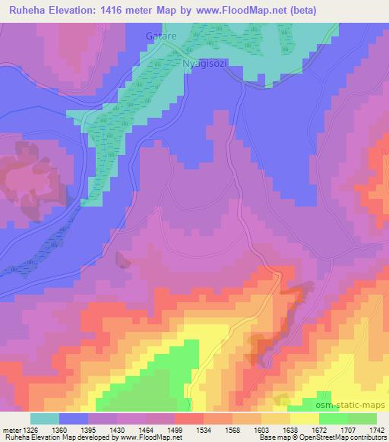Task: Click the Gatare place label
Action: [x=160, y=36]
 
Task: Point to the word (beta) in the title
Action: [x=300, y=11]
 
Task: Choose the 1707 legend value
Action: [x=348, y=429]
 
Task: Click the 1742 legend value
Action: [x=375, y=429]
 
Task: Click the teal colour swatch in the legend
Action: [x=45, y=418]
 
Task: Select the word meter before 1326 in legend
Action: [x=12, y=429]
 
